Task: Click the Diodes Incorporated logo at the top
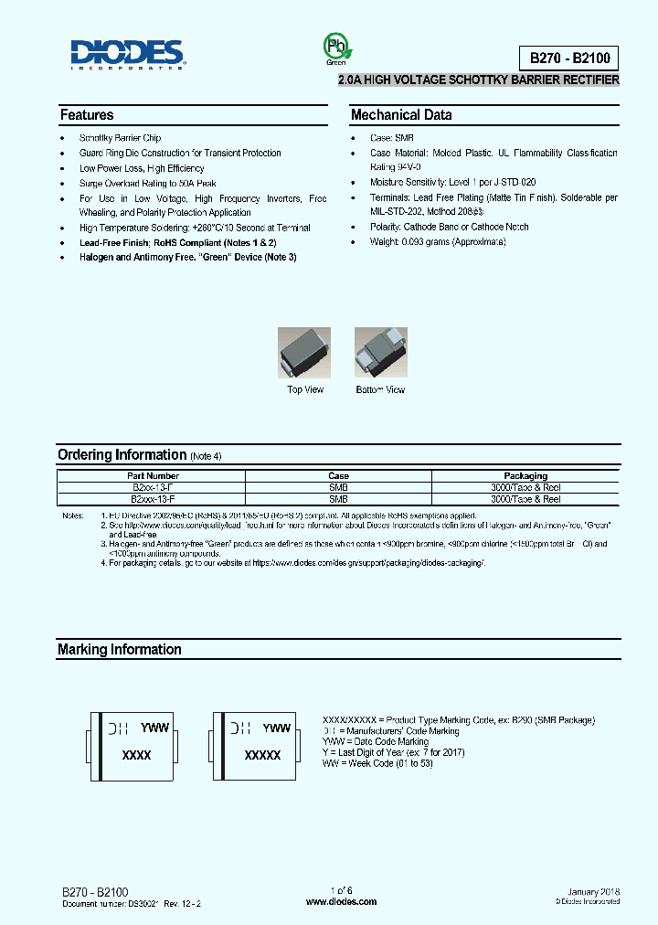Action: tap(129, 55)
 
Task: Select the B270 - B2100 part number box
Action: tap(568, 58)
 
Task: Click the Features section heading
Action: tap(87, 115)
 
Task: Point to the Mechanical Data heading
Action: tap(401, 115)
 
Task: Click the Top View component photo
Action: tap(305, 354)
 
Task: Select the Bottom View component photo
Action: tap(380, 354)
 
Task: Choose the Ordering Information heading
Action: tap(122, 455)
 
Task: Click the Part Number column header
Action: tap(153, 475)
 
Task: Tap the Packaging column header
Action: tap(525, 475)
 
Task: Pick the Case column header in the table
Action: tap(338, 475)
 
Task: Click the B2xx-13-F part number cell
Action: tap(153, 487)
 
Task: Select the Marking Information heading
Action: tap(120, 650)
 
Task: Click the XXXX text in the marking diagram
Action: tap(136, 756)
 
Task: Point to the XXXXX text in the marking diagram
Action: tap(262, 756)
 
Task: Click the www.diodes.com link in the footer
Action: tap(341, 901)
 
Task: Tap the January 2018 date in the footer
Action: tap(593, 891)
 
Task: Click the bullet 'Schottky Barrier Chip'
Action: tap(120, 138)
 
